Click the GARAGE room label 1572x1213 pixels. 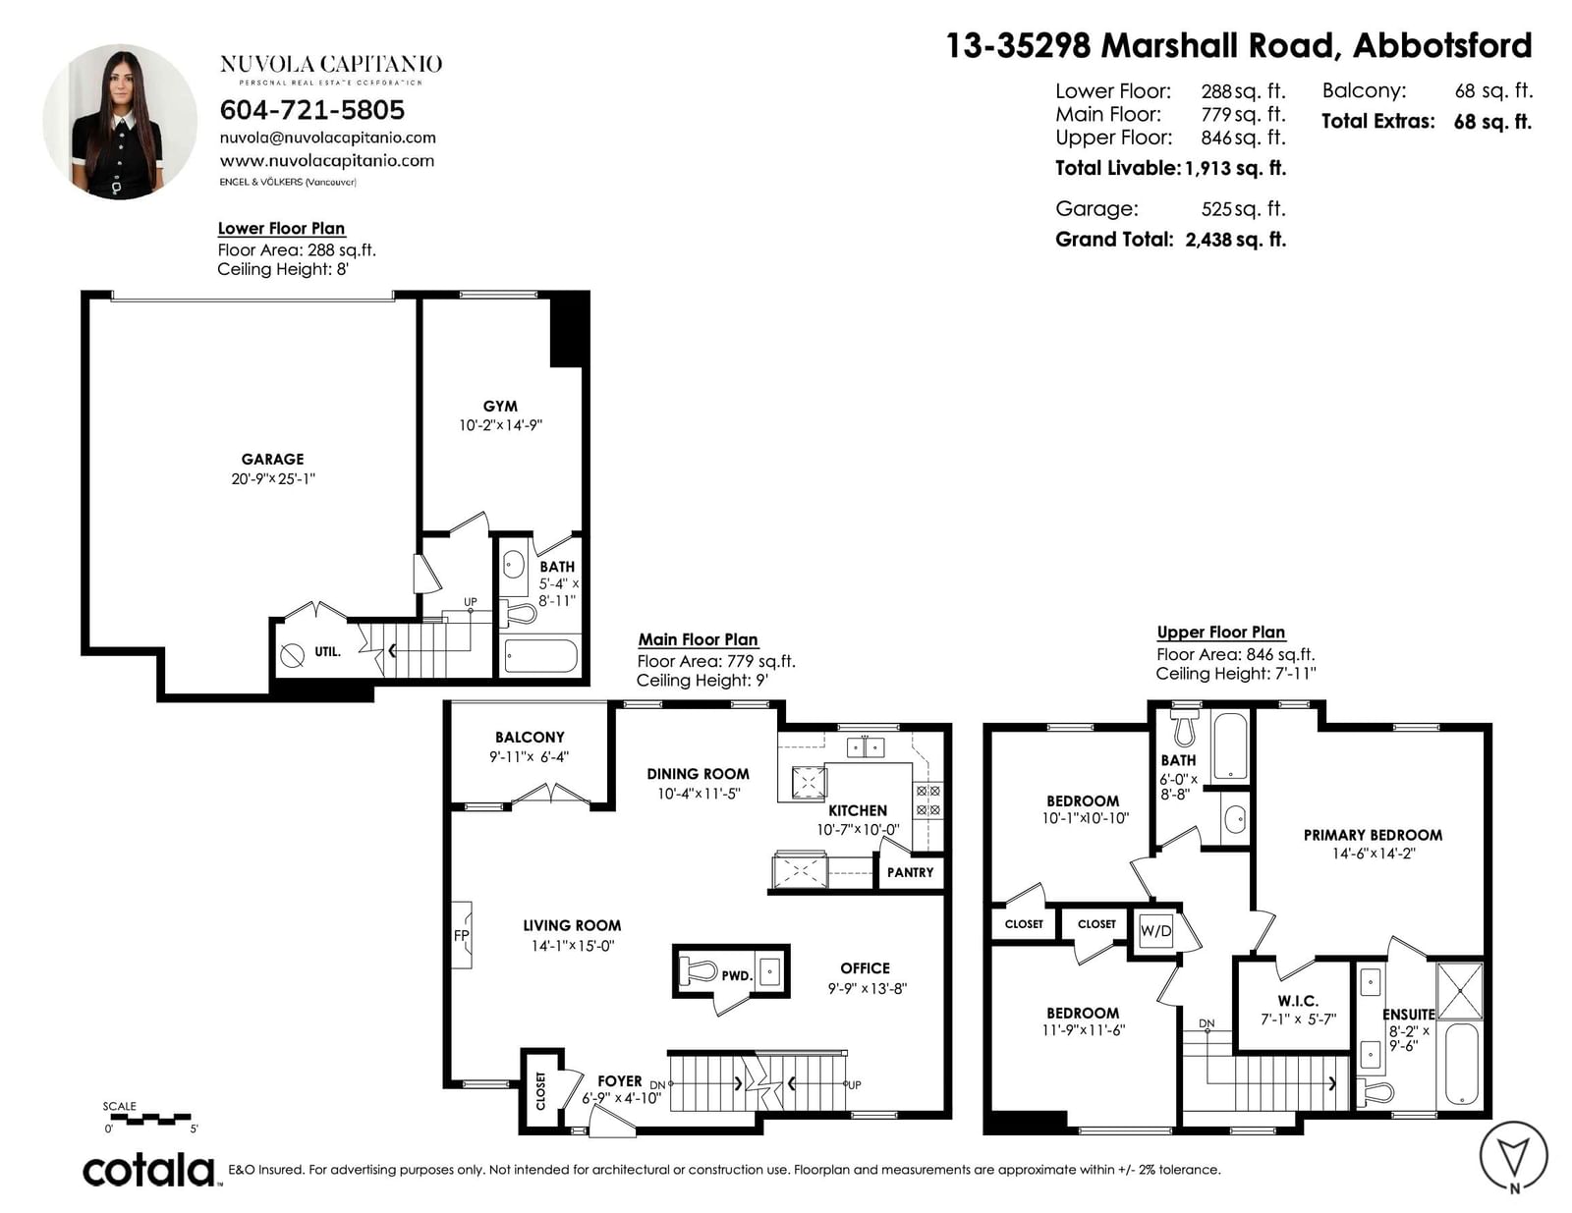(x=273, y=459)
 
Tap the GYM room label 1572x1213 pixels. (x=500, y=407)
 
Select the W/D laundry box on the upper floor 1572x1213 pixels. (x=1155, y=931)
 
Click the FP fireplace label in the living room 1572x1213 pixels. (x=462, y=935)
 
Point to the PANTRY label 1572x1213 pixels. (x=910, y=872)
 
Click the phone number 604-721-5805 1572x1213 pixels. (x=311, y=110)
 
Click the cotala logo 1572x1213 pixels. (x=149, y=1172)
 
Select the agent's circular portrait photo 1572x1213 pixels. (x=120, y=122)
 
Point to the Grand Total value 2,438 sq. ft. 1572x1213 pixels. (x=1236, y=240)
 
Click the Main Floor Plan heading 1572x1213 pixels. (x=698, y=639)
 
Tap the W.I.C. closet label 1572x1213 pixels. (x=1298, y=1001)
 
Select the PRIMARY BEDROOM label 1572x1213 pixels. (x=1373, y=835)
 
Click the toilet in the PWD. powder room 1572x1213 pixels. (x=696, y=972)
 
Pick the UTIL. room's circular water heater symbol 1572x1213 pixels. (x=292, y=656)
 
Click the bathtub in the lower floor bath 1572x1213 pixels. (x=540, y=656)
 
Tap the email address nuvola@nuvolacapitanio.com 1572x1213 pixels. (x=328, y=138)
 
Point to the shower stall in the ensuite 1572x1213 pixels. (x=1460, y=991)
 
